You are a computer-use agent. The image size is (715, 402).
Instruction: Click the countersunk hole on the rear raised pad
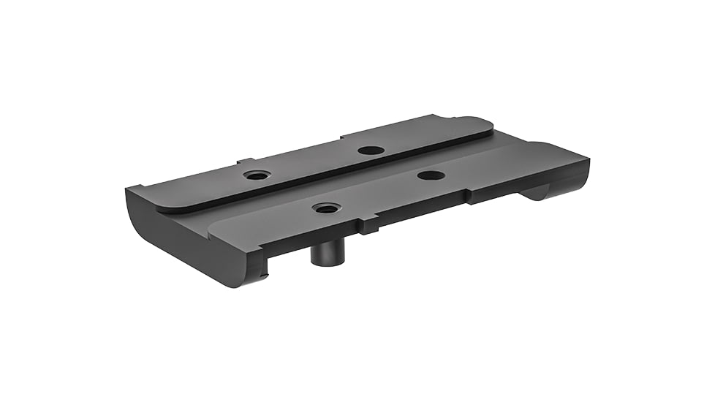coord(257,175)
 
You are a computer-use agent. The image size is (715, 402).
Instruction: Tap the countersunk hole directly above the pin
coord(325,208)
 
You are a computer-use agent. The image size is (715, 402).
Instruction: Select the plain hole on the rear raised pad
coord(371,150)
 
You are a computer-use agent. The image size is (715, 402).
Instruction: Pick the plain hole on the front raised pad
coord(430,175)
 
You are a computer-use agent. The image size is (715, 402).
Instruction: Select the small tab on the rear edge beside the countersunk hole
coord(245,161)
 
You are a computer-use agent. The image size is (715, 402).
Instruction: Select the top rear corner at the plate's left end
coord(130,189)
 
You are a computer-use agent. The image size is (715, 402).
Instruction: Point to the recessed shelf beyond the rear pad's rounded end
coord(512,132)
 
